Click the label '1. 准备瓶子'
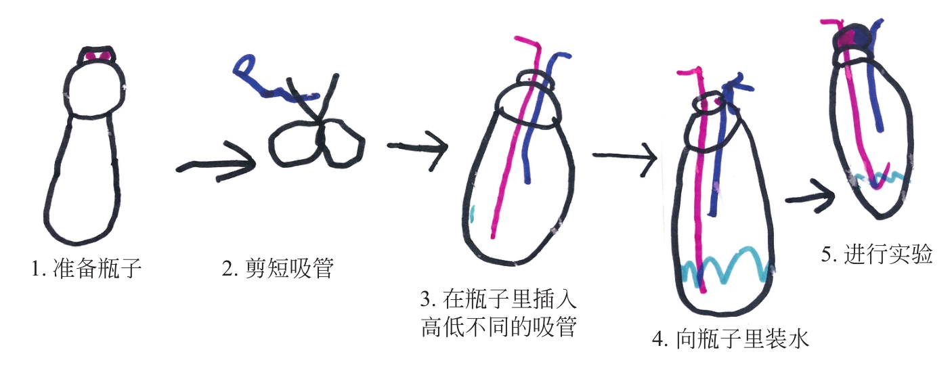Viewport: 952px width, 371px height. click(x=86, y=269)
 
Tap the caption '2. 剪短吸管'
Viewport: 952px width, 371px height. click(x=278, y=269)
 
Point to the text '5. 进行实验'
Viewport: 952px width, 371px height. click(x=878, y=255)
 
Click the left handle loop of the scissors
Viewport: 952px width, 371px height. click(x=293, y=144)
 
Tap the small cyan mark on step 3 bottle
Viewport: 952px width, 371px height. click(x=471, y=215)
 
